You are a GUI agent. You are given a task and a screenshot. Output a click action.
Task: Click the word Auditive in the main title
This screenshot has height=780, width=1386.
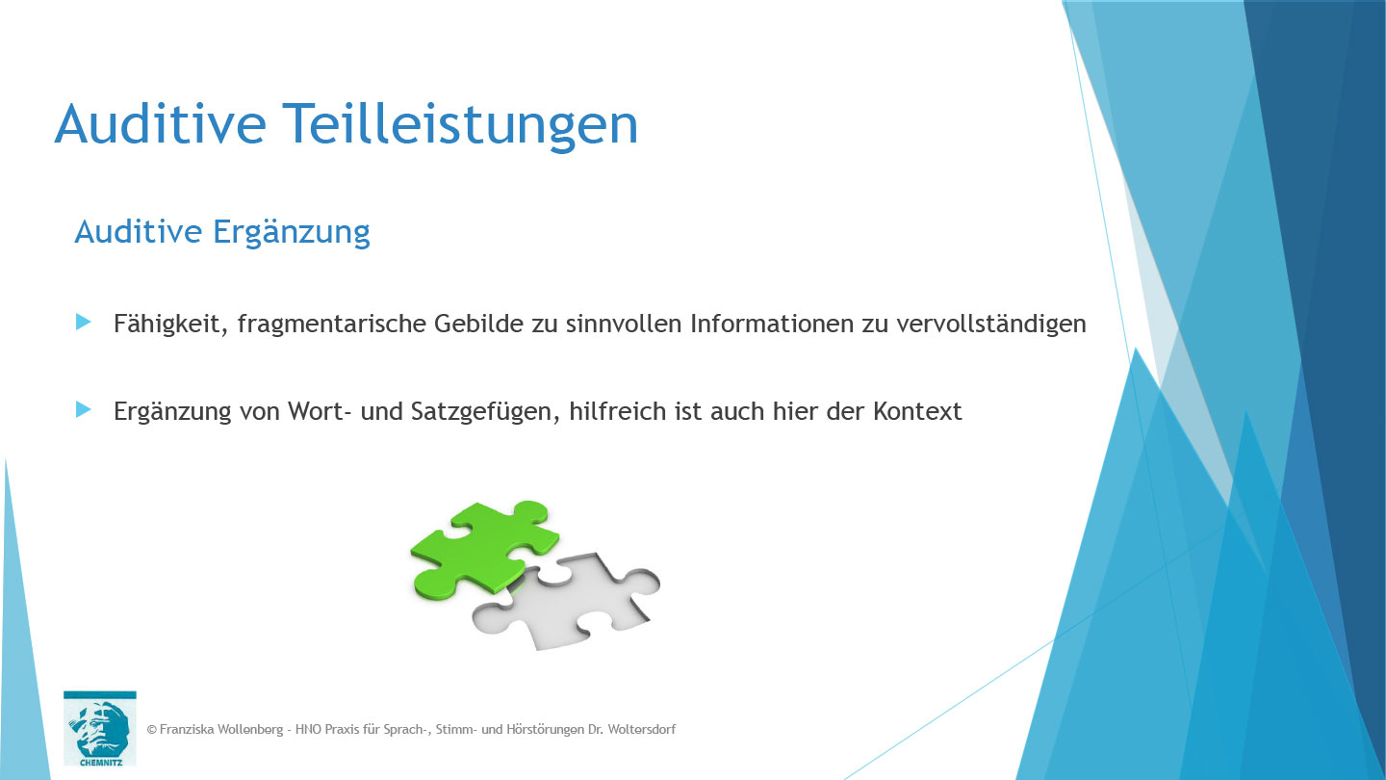coord(159,125)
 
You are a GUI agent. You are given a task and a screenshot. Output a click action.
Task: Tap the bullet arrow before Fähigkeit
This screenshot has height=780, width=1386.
coord(84,322)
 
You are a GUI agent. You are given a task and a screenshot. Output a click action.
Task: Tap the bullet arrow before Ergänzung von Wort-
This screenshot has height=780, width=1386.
coord(84,409)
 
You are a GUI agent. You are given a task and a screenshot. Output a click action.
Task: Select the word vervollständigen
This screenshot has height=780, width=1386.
coord(990,325)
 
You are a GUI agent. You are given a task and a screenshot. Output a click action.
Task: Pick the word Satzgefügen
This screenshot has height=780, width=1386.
coord(476,412)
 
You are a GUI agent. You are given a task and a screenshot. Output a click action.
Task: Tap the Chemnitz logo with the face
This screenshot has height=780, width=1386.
coord(99,722)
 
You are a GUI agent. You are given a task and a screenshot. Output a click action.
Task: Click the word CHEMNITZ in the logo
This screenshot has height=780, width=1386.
coord(99,757)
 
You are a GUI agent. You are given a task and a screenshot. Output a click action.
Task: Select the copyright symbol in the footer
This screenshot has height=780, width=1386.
coord(151,730)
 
